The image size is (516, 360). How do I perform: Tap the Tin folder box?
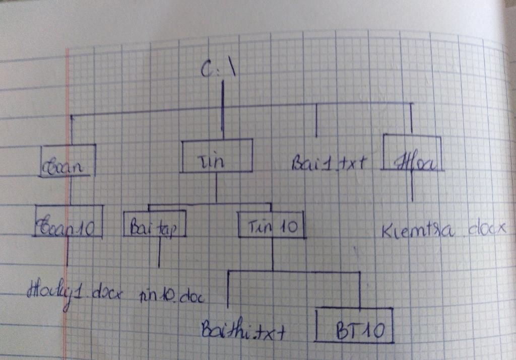pyautogui.click(x=217, y=156)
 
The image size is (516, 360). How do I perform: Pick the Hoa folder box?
pyautogui.click(x=412, y=153)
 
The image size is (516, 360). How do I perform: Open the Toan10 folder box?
pyautogui.click(x=69, y=222)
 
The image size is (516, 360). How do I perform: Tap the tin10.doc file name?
pyautogui.click(x=171, y=296)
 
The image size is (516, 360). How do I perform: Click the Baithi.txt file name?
pyautogui.click(x=243, y=330)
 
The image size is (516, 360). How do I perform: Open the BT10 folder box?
pyautogui.click(x=354, y=326)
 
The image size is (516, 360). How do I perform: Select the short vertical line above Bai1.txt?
pyautogui.click(x=316, y=121)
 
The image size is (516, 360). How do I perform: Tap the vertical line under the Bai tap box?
pyautogui.click(x=159, y=252)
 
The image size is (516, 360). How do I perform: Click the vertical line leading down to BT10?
pyautogui.click(x=359, y=290)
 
